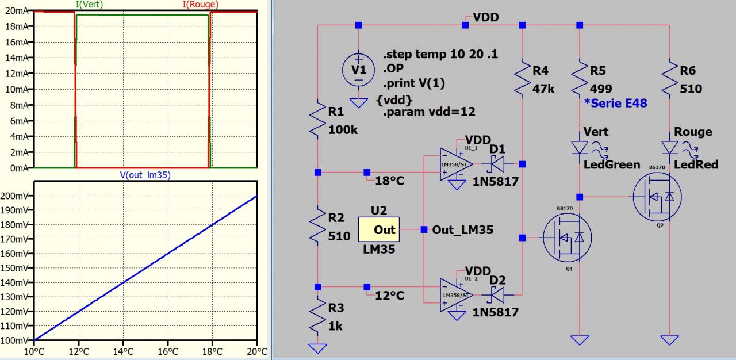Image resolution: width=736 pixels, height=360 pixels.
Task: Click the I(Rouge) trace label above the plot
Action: pos(200,5)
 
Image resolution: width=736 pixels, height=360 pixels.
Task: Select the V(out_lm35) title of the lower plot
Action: pos(145,175)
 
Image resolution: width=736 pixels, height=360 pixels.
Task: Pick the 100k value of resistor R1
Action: pos(343,129)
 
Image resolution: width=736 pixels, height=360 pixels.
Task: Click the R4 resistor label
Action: pos(540,71)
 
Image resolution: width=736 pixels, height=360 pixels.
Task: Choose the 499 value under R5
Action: pos(601,89)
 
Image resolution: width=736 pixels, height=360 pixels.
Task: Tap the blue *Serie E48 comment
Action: pos(615,103)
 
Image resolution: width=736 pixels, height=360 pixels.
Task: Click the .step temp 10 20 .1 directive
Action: pos(440,55)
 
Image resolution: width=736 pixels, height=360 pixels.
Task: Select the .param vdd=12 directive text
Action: pos(429,112)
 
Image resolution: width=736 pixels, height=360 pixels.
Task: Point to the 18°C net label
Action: pos(389,181)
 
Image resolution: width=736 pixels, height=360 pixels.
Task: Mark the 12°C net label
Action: pos(389,296)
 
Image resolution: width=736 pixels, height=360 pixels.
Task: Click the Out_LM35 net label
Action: pos(462,230)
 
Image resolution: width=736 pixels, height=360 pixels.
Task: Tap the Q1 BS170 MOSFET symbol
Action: pos(567,237)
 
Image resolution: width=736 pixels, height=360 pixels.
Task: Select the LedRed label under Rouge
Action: pos(696,164)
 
